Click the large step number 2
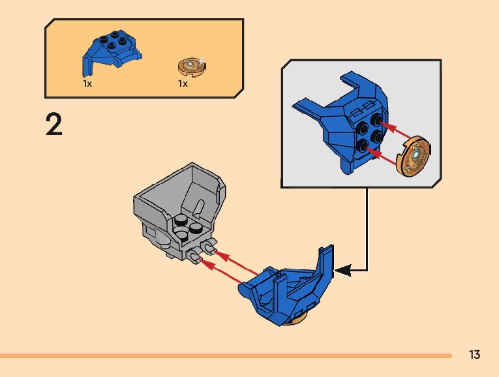click(54, 124)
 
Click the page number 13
click(474, 355)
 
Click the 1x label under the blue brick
click(87, 84)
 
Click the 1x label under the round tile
click(183, 84)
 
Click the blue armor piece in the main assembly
click(287, 290)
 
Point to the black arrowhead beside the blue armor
click(343, 268)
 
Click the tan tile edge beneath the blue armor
click(299, 320)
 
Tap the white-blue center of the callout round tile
click(415, 155)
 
